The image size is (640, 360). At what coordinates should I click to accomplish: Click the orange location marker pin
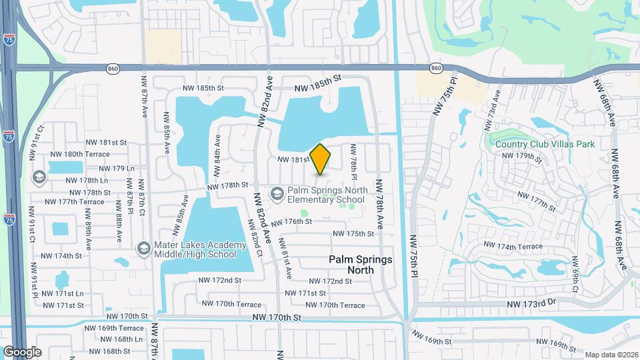coord(321,159)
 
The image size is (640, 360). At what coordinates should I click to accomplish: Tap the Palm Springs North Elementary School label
coord(327,194)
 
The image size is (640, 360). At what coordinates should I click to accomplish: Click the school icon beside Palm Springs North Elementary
coord(277,193)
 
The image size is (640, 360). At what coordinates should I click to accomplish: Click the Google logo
coord(21,351)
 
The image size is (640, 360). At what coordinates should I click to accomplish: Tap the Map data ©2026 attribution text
coord(611,354)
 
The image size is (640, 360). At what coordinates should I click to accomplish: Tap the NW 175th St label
coord(352,233)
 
